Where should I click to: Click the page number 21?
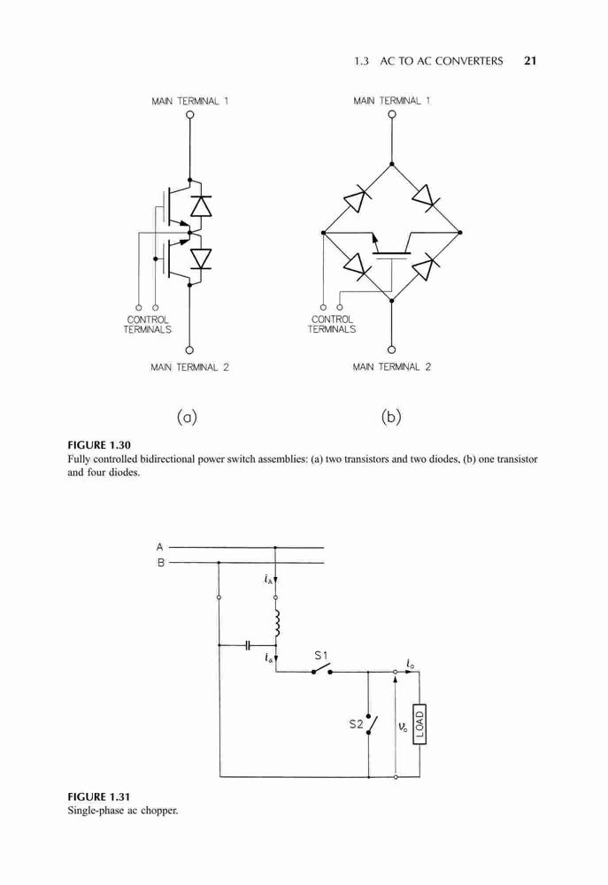click(530, 61)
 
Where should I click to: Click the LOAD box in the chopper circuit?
click(419, 724)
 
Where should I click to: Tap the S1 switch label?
click(321, 655)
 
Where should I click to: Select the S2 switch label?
click(356, 724)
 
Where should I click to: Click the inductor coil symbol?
click(277, 623)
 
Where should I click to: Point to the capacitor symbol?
click(248, 644)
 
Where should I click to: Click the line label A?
click(160, 547)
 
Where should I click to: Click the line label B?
click(160, 563)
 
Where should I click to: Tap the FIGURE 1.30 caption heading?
click(99, 445)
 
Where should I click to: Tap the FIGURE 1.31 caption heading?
click(99, 797)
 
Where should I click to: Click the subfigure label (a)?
click(187, 417)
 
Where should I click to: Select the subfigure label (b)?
click(391, 417)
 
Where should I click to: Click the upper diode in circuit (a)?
click(200, 205)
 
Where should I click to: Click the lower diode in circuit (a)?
click(200, 258)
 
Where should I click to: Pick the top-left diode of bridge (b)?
click(357, 199)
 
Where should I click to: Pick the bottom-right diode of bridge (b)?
click(426, 266)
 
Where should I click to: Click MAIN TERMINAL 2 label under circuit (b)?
click(392, 367)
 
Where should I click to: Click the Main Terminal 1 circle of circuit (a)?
click(189, 114)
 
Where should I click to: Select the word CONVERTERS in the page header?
click(468, 61)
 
